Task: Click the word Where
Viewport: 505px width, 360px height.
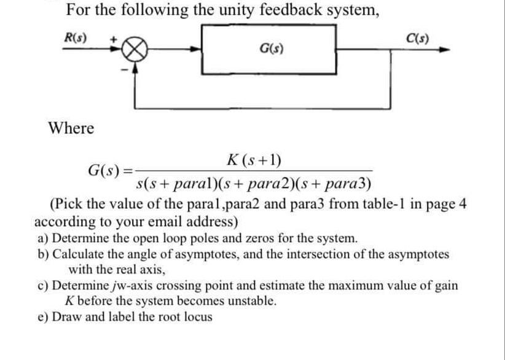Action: (x=71, y=128)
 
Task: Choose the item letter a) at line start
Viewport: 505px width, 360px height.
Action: (x=43, y=238)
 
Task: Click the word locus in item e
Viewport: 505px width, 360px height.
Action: (x=197, y=317)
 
